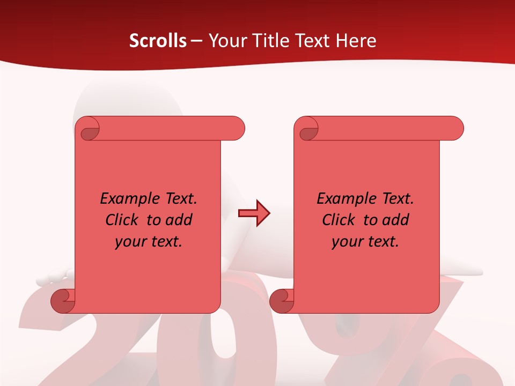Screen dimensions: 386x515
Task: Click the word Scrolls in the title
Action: tap(158, 41)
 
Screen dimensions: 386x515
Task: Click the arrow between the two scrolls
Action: tap(254, 213)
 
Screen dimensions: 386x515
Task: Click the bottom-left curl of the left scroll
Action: tap(62, 300)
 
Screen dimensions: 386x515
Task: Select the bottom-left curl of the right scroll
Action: tap(281, 300)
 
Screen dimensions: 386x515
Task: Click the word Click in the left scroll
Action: tap(121, 220)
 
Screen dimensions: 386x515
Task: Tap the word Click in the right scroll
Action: tap(338, 220)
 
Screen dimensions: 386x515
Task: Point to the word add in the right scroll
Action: tap(396, 220)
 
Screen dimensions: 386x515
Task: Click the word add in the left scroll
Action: tap(179, 220)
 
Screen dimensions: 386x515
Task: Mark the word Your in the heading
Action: tap(224, 41)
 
